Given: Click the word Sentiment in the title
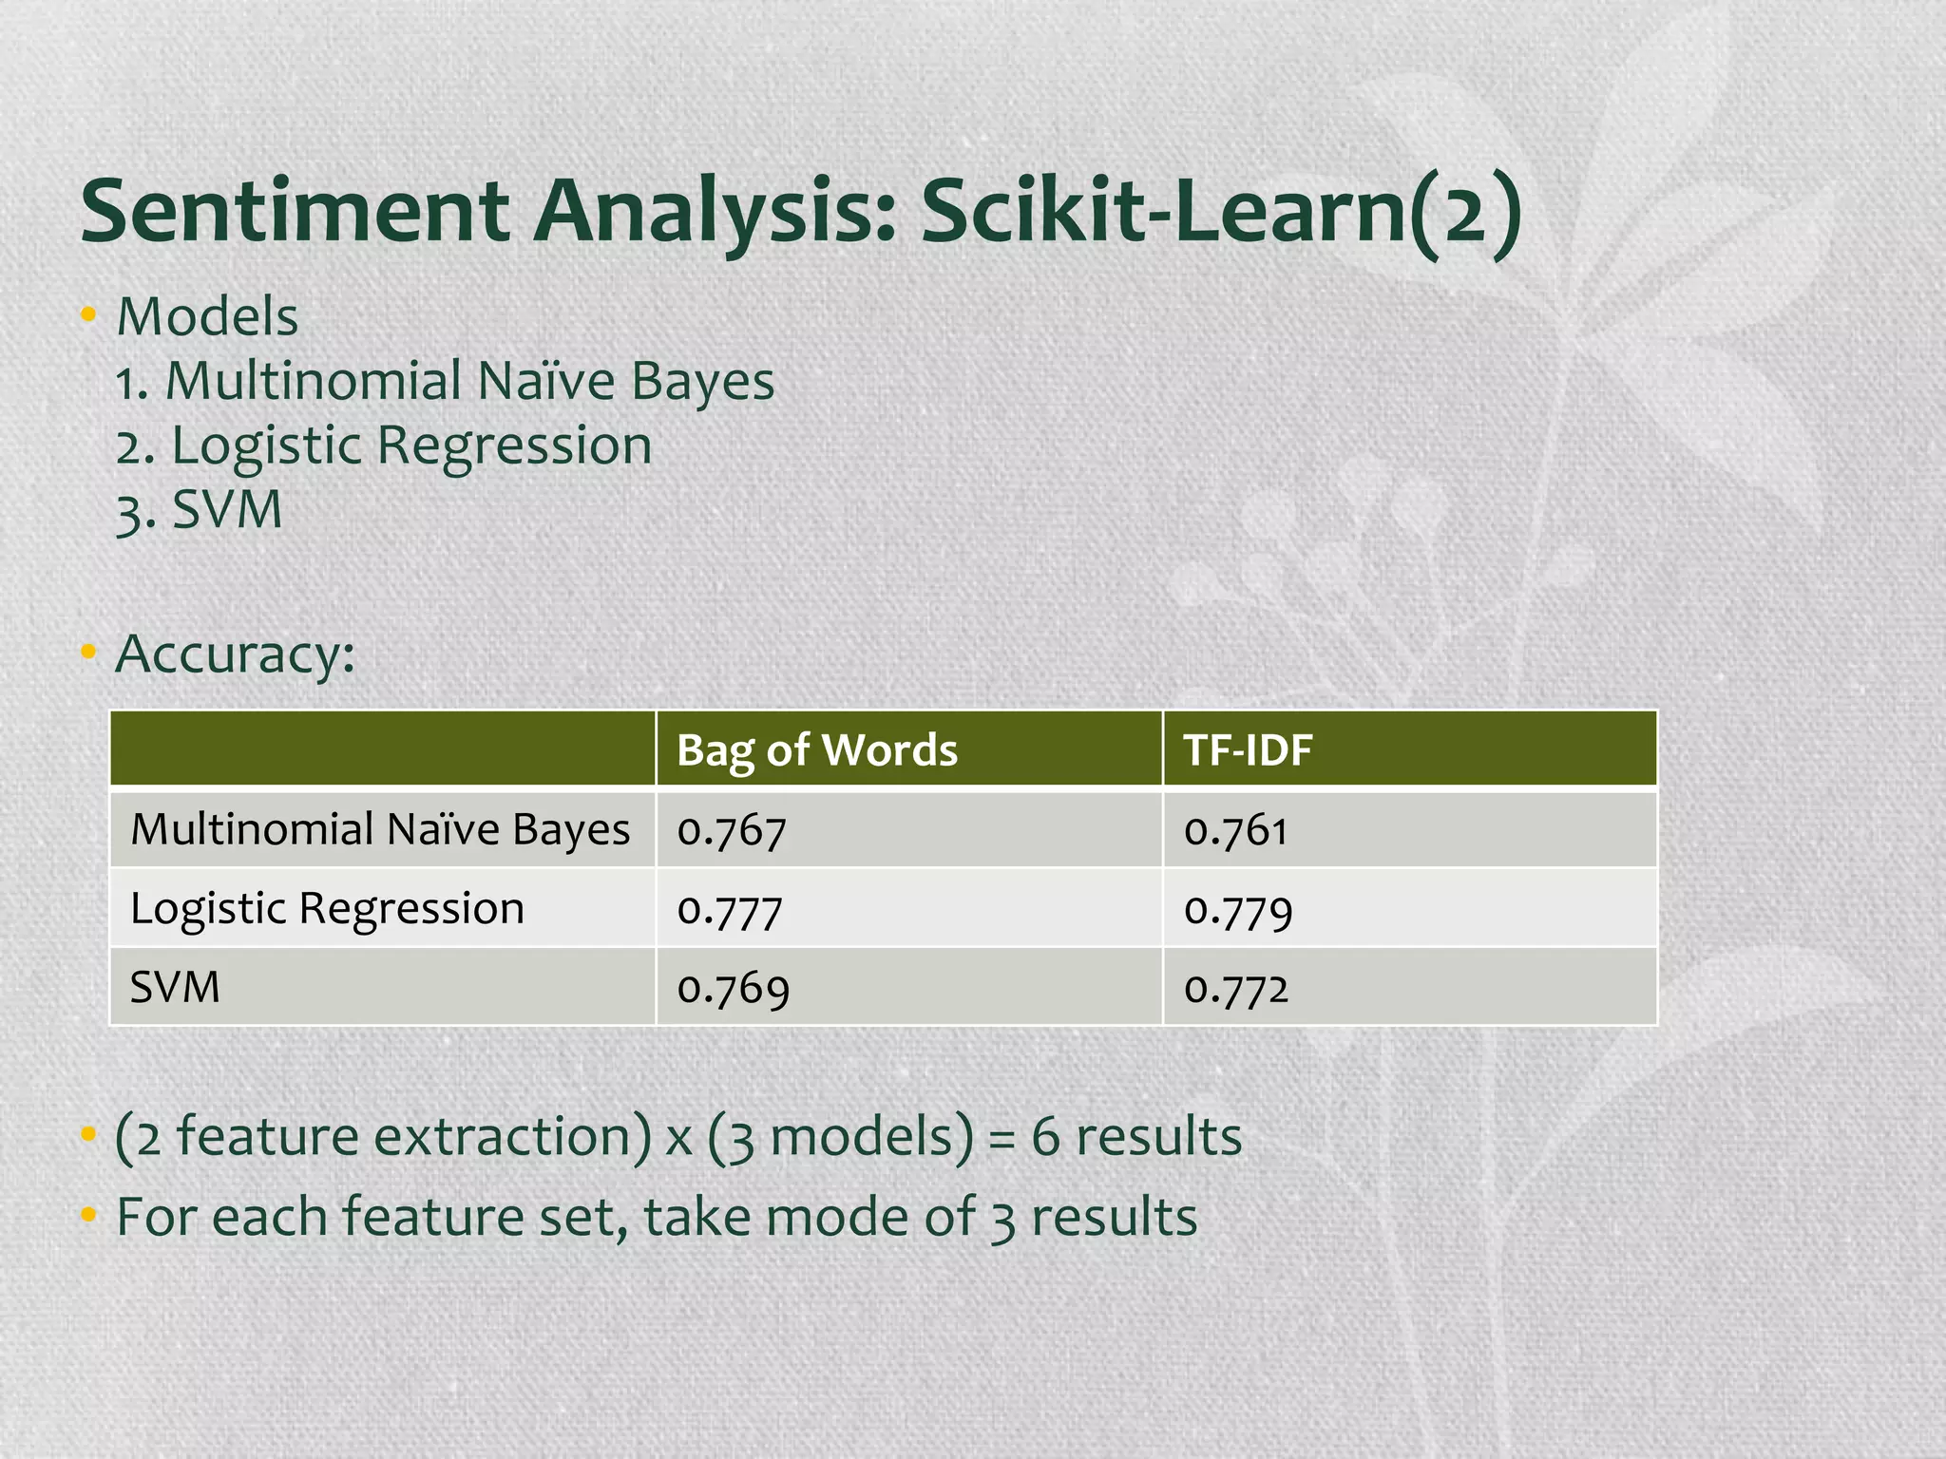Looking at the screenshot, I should [296, 211].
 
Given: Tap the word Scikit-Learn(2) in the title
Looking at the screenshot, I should [1221, 211].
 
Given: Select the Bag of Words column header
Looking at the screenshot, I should [816, 750].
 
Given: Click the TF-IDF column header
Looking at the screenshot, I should [1248, 750].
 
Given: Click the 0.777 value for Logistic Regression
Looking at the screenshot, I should [730, 910].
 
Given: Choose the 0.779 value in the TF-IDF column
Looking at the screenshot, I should [1238, 910].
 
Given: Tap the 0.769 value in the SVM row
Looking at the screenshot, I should [733, 989].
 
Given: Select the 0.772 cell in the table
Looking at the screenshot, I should [1236, 989].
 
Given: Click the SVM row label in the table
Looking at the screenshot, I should [175, 988].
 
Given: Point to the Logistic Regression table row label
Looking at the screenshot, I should [327, 909].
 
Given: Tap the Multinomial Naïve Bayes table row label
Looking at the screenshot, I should [380, 830].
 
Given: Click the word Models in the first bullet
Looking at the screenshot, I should [207, 316].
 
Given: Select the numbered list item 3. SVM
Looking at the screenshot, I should [200, 511].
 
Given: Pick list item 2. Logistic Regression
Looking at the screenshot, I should [384, 446].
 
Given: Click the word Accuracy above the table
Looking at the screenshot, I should [235, 654].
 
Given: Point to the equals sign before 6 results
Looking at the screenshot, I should [1002, 1138].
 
